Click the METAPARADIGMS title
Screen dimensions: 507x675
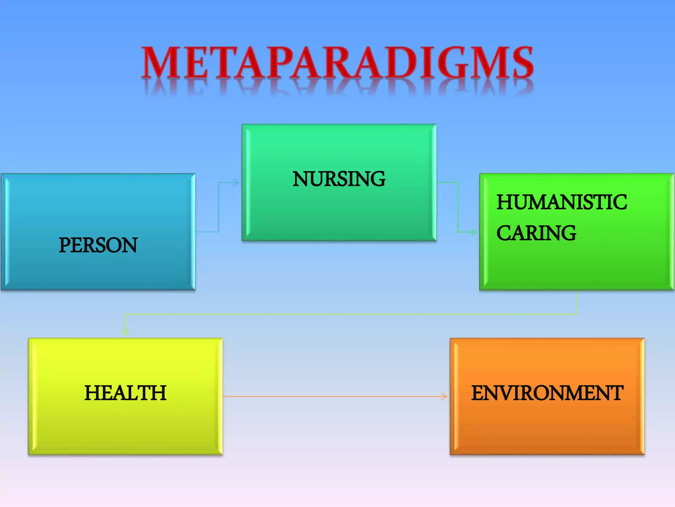pos(337,63)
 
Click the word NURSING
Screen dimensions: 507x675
pos(339,179)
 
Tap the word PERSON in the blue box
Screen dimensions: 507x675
pos(98,245)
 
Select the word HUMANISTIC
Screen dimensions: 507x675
pos(562,202)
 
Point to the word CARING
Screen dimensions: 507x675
pos(536,233)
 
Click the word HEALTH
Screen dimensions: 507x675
pos(125,393)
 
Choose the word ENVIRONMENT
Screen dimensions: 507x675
pos(547,393)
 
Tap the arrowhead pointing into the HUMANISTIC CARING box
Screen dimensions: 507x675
pos(474,232)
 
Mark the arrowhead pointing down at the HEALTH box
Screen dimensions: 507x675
pos(125,333)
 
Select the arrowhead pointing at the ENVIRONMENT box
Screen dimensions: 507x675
pos(445,396)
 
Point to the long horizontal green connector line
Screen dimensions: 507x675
pos(349,314)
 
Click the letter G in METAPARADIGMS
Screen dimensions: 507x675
pos(455,63)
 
